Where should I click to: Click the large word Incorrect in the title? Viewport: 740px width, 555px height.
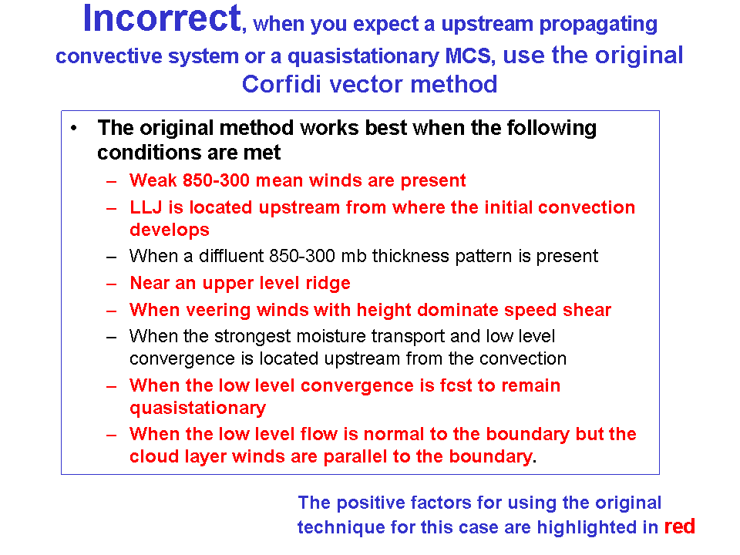pyautogui.click(x=162, y=18)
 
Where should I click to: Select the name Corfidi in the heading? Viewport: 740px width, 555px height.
pyautogui.click(x=281, y=85)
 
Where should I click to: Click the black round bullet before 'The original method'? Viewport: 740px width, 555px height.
pyautogui.click(x=74, y=128)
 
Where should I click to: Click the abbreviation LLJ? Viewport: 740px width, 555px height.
pyautogui.click(x=146, y=207)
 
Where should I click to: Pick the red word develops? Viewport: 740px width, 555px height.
pyautogui.click(x=170, y=230)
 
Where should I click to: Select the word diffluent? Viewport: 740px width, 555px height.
pyautogui.click(x=231, y=256)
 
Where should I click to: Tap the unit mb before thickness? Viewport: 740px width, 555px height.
pyautogui.click(x=354, y=256)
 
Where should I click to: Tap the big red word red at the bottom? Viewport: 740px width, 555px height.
pyautogui.click(x=680, y=526)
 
